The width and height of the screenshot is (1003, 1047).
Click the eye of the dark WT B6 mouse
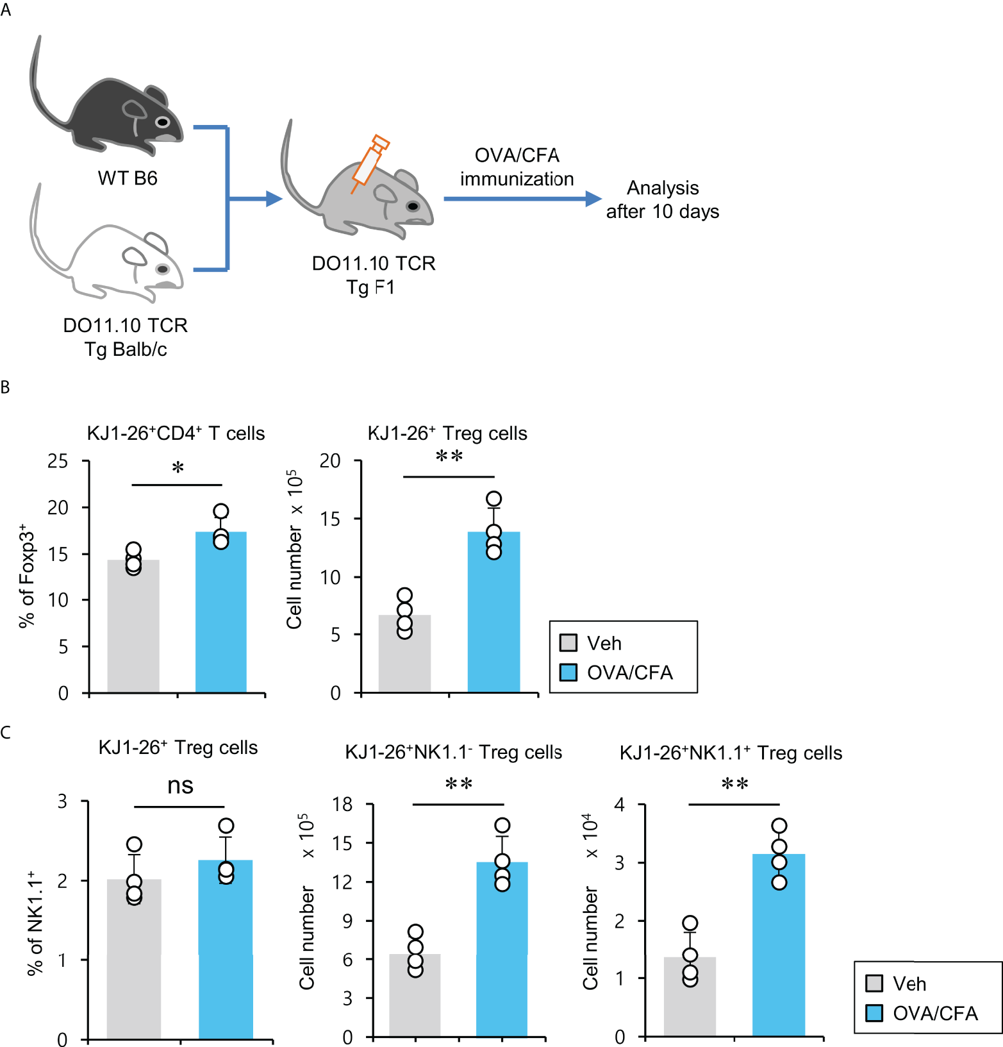click(163, 122)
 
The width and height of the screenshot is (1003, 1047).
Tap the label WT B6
click(128, 178)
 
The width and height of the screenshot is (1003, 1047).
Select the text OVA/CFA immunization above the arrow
click(517, 167)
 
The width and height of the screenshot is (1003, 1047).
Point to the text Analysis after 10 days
click(663, 199)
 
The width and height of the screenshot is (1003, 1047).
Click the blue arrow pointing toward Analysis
click(522, 199)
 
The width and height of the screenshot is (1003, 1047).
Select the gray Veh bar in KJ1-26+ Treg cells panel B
click(404, 653)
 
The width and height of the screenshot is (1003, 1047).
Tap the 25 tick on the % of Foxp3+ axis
click(58, 461)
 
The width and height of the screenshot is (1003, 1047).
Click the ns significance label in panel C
click(180, 786)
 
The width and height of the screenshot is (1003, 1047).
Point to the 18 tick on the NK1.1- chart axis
click(343, 804)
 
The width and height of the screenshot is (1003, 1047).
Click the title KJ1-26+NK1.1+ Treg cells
click(731, 753)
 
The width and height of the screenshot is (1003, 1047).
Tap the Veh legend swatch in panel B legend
click(568, 642)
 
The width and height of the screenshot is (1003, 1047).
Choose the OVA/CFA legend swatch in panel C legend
click(874, 1013)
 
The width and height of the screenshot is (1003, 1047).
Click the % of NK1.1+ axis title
click(36, 923)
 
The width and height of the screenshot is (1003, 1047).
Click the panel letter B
click(5, 387)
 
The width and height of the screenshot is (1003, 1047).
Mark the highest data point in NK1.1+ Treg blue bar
click(779, 826)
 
